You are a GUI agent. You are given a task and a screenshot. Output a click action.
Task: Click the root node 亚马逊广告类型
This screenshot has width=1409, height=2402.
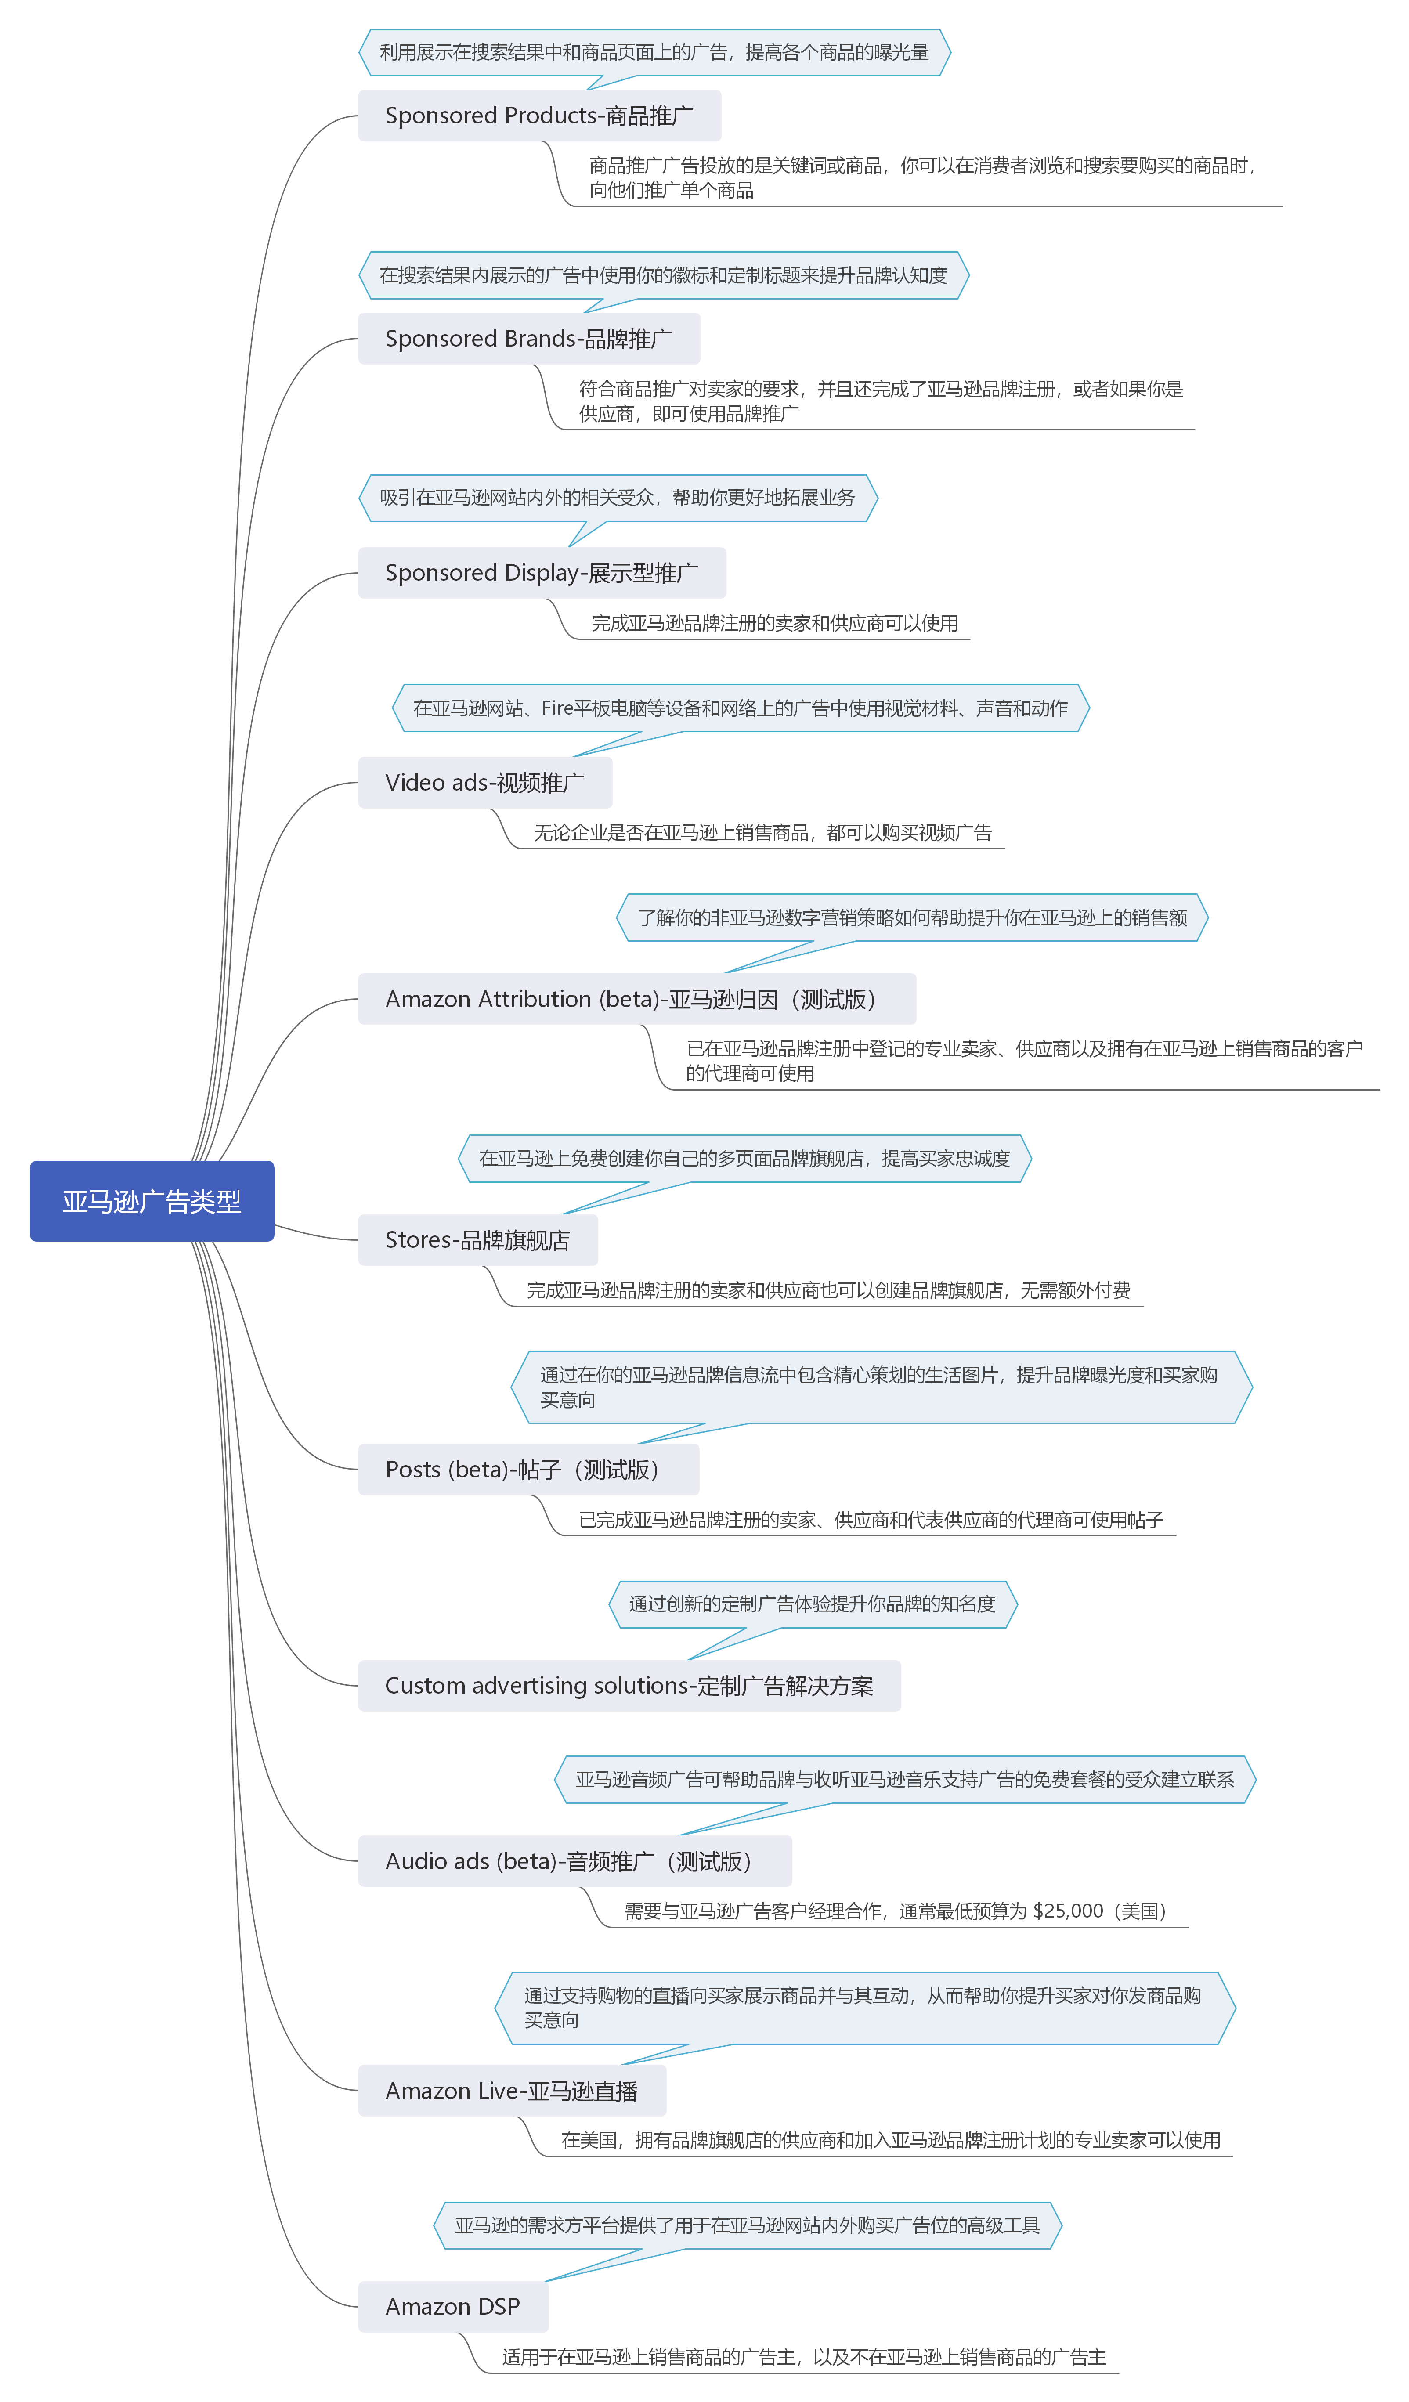point(152,1201)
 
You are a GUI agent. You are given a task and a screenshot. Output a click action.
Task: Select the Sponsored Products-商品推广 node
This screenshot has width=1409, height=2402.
point(540,116)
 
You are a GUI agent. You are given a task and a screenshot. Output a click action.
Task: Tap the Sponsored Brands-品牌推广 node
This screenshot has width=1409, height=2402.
point(529,338)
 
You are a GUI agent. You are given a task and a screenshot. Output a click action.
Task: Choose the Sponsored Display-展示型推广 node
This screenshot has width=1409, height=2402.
point(542,573)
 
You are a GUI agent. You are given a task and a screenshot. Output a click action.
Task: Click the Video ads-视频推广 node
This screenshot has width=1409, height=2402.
point(485,783)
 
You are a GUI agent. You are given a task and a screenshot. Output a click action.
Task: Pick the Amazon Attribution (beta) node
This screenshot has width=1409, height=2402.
point(637,999)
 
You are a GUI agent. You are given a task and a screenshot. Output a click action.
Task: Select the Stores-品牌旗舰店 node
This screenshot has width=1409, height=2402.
point(477,1240)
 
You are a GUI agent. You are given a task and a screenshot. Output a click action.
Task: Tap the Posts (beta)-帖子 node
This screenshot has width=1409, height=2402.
point(528,1470)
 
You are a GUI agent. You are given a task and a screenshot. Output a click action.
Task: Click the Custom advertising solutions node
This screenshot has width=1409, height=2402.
point(629,1685)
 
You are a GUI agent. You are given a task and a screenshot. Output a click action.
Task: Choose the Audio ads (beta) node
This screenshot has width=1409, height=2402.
point(575,1860)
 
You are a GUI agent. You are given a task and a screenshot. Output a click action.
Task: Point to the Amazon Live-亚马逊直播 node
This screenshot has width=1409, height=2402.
point(512,2090)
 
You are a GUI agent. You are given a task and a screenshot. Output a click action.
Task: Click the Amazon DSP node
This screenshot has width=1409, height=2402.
point(453,2307)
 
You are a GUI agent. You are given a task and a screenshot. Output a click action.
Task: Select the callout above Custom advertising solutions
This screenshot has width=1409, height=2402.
point(813,1604)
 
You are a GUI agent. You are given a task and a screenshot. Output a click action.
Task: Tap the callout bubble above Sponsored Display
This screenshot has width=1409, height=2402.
point(618,498)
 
